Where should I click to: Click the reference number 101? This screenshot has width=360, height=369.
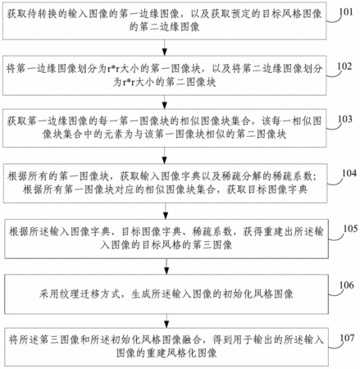point(346,12)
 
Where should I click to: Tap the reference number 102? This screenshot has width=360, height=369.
point(344,66)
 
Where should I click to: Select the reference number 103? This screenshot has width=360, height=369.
point(345,119)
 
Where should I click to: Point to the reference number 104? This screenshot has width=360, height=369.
point(349,173)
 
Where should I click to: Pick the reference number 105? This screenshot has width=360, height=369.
point(350,229)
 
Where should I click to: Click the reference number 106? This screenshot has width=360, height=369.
point(347,285)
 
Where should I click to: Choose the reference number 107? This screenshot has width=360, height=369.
point(347,338)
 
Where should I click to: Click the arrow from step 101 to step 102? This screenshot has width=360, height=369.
point(164,48)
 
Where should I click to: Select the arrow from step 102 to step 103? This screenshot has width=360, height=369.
point(164,102)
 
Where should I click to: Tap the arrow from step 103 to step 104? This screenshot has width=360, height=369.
point(165,156)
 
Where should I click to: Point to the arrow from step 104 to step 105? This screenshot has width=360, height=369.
point(166,211)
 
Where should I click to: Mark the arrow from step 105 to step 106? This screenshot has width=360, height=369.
point(166,266)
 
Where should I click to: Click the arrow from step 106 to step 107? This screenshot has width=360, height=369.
point(166,321)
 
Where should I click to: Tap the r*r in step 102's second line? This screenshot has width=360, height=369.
point(129,82)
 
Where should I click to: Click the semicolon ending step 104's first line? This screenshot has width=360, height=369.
point(314,177)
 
